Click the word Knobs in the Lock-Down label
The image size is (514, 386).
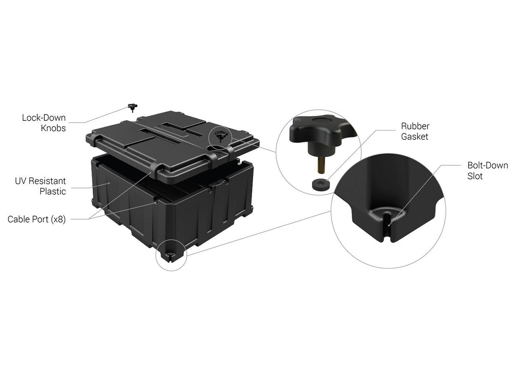click(x=53, y=128)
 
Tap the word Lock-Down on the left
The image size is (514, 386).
click(x=44, y=118)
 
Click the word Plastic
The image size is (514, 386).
click(x=53, y=191)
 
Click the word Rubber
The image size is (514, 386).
click(x=415, y=126)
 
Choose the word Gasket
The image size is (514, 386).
click(x=415, y=137)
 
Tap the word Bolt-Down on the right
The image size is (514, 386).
click(x=487, y=166)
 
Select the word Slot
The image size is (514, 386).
click(x=475, y=176)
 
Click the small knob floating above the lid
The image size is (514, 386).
click(x=132, y=107)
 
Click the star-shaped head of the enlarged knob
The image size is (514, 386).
click(x=323, y=130)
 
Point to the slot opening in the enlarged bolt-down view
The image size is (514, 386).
click(x=387, y=226)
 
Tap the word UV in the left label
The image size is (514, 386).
click(x=21, y=181)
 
